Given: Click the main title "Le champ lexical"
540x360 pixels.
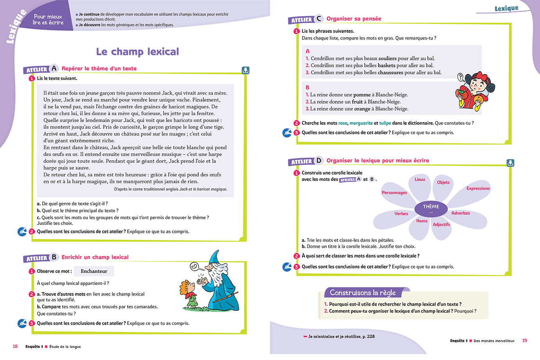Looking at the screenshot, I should tap(137, 52).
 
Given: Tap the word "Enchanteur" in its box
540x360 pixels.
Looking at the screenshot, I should tap(94, 271).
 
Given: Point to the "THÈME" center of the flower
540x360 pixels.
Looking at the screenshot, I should tap(431, 207).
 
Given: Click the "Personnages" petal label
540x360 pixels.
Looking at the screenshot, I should tap(394, 193).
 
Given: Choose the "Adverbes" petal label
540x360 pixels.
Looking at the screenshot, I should tap(461, 213).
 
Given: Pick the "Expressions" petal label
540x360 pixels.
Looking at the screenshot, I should tap(478, 189).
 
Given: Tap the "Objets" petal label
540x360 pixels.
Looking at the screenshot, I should tap(443, 182).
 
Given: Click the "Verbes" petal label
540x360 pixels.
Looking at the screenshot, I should tap(401, 214).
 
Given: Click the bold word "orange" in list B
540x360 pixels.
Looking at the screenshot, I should tap(362, 109).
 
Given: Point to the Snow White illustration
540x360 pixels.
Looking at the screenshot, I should tap(475, 90).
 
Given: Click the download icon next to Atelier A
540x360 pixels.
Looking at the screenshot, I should tap(245, 70).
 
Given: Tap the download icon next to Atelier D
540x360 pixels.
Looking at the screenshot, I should tap(510, 163).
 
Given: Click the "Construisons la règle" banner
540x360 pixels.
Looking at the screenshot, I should tap(363, 293).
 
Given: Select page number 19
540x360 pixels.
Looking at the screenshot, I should tap(525, 340).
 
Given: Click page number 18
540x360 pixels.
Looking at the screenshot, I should tap(15, 346).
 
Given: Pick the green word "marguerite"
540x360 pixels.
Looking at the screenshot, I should tap(361, 123).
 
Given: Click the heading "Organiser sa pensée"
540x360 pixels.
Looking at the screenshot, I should tap(354, 19).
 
